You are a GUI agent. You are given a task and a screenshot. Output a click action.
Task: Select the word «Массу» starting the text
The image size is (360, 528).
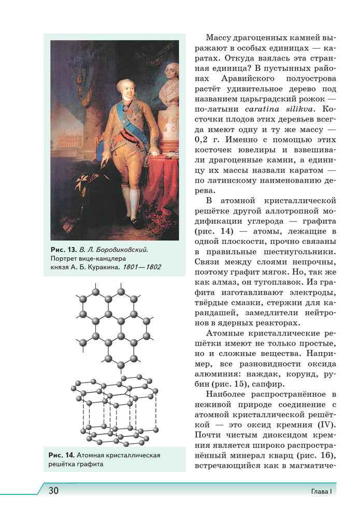tap(220, 38)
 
